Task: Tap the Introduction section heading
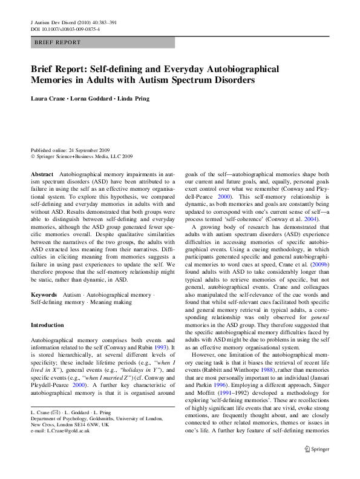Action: [x=47, y=325]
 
